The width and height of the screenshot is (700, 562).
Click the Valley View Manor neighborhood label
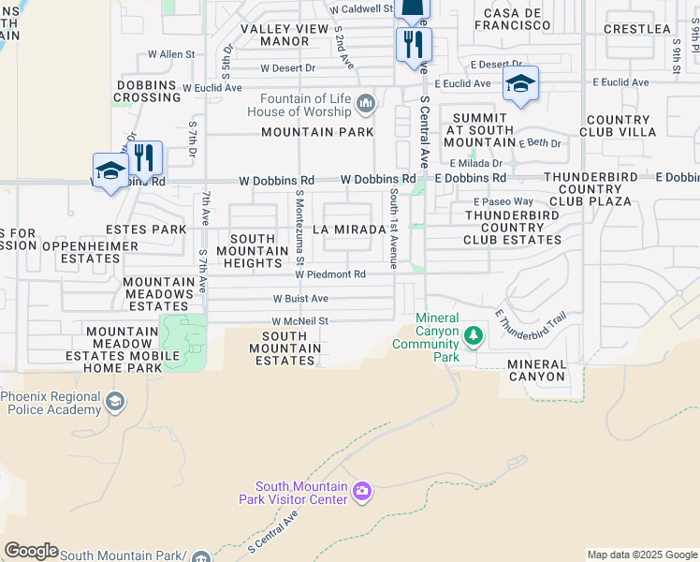click(285, 36)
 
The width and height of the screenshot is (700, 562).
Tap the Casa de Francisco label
click(512, 19)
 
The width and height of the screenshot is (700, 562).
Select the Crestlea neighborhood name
click(637, 29)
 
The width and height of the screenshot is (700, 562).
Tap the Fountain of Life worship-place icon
click(366, 102)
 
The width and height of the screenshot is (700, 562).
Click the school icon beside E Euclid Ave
click(520, 85)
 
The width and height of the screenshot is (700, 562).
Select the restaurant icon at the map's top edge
click(413, 43)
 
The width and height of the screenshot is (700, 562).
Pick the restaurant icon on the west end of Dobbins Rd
click(144, 157)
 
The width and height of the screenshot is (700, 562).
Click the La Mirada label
click(348, 229)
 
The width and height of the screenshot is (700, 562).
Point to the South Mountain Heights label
click(253, 251)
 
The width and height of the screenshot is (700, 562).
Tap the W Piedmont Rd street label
click(330, 274)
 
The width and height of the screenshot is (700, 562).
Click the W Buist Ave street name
click(300, 298)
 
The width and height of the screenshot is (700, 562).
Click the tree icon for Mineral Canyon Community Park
click(474, 335)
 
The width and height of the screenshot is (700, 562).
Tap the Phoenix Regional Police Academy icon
click(114, 403)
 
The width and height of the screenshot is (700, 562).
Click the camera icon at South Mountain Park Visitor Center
click(362, 491)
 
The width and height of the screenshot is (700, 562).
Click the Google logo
click(31, 551)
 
